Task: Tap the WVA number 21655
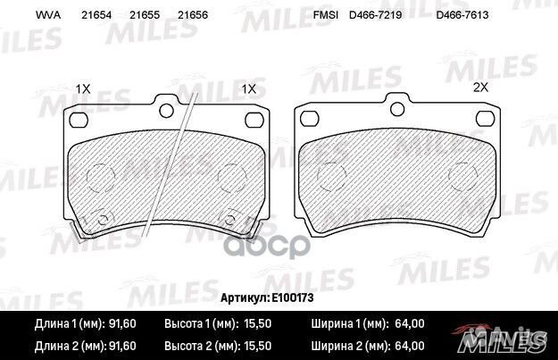143,16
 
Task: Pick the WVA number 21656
193,16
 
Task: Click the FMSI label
325,16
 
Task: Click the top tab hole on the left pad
164,111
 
